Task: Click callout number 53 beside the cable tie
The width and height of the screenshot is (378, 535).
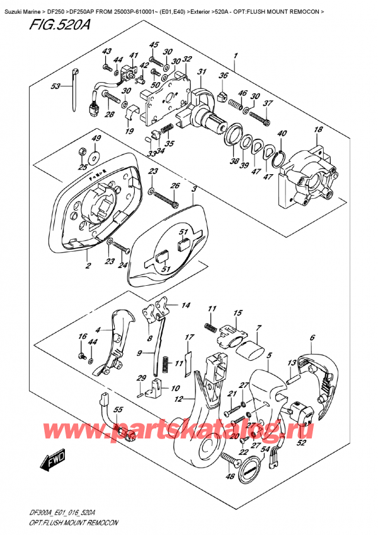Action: click(55, 86)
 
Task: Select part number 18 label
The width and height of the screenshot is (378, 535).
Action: click(318, 130)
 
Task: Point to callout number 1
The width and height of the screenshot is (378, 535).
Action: click(235, 56)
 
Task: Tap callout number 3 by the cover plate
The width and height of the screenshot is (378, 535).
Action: click(194, 189)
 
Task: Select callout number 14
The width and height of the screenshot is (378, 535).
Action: click(185, 306)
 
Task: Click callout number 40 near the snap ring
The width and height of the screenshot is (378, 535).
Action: click(282, 133)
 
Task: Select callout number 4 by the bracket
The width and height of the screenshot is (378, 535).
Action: click(98, 329)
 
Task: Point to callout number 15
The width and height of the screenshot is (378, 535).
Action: click(236, 313)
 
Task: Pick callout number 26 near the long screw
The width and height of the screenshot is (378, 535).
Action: click(175, 185)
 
